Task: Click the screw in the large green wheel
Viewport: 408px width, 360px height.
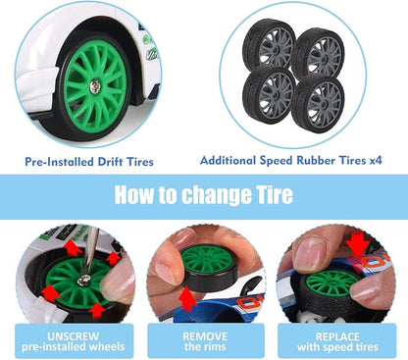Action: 95,86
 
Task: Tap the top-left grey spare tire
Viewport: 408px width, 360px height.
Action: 269,45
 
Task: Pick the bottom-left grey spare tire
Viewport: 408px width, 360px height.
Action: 269,95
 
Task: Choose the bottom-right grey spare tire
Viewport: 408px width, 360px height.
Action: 318,104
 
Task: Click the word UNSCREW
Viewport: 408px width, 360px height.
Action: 73,336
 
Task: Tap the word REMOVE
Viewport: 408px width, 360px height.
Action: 205,336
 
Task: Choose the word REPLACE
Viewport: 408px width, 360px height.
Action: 337,336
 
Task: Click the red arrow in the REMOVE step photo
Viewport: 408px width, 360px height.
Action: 188,298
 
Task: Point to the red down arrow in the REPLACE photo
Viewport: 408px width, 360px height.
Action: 357,244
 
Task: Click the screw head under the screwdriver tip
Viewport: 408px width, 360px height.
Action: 84,280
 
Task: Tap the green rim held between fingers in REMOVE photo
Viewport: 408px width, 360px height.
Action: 207,259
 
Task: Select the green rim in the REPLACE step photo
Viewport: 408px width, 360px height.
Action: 331,283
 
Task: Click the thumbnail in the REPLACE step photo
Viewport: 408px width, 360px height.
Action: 311,253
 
